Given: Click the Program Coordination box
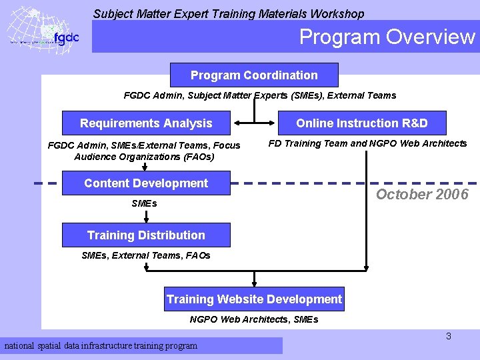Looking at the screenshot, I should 254,75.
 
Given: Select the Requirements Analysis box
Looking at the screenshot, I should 146,123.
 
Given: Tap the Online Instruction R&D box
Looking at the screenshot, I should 362,123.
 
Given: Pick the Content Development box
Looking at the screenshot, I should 146,183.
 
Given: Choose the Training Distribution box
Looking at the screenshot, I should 146,235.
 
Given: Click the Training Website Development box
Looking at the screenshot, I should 254,299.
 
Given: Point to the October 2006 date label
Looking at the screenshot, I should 422,195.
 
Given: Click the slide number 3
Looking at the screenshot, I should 449,337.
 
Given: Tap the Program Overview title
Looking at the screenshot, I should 387,37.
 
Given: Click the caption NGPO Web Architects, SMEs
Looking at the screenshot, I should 254,319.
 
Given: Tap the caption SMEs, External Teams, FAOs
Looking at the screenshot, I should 145,255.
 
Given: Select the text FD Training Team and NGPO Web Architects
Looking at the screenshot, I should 367,143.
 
